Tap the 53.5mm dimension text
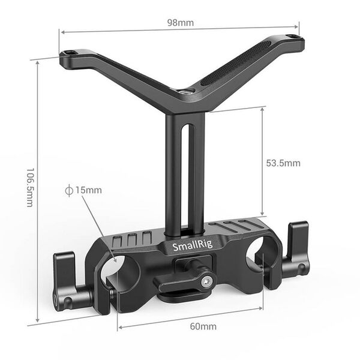[x=283, y=163]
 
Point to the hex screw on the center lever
[x=207, y=281]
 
